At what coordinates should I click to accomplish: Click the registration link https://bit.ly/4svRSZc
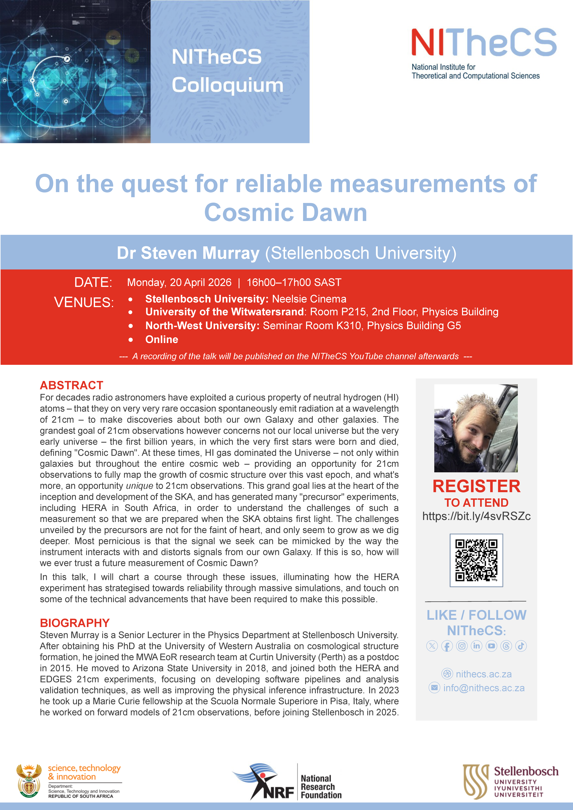point(476,516)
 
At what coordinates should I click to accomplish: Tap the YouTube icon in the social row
point(491,646)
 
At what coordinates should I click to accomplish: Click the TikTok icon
point(521,646)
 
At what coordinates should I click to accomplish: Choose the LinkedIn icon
point(476,646)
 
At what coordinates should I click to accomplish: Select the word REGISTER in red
point(476,486)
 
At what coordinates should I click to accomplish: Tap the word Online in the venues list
point(162,339)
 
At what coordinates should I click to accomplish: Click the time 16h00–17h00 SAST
point(294,282)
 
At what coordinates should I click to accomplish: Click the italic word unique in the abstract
point(139,486)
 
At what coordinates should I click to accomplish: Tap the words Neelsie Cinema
point(309,299)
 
